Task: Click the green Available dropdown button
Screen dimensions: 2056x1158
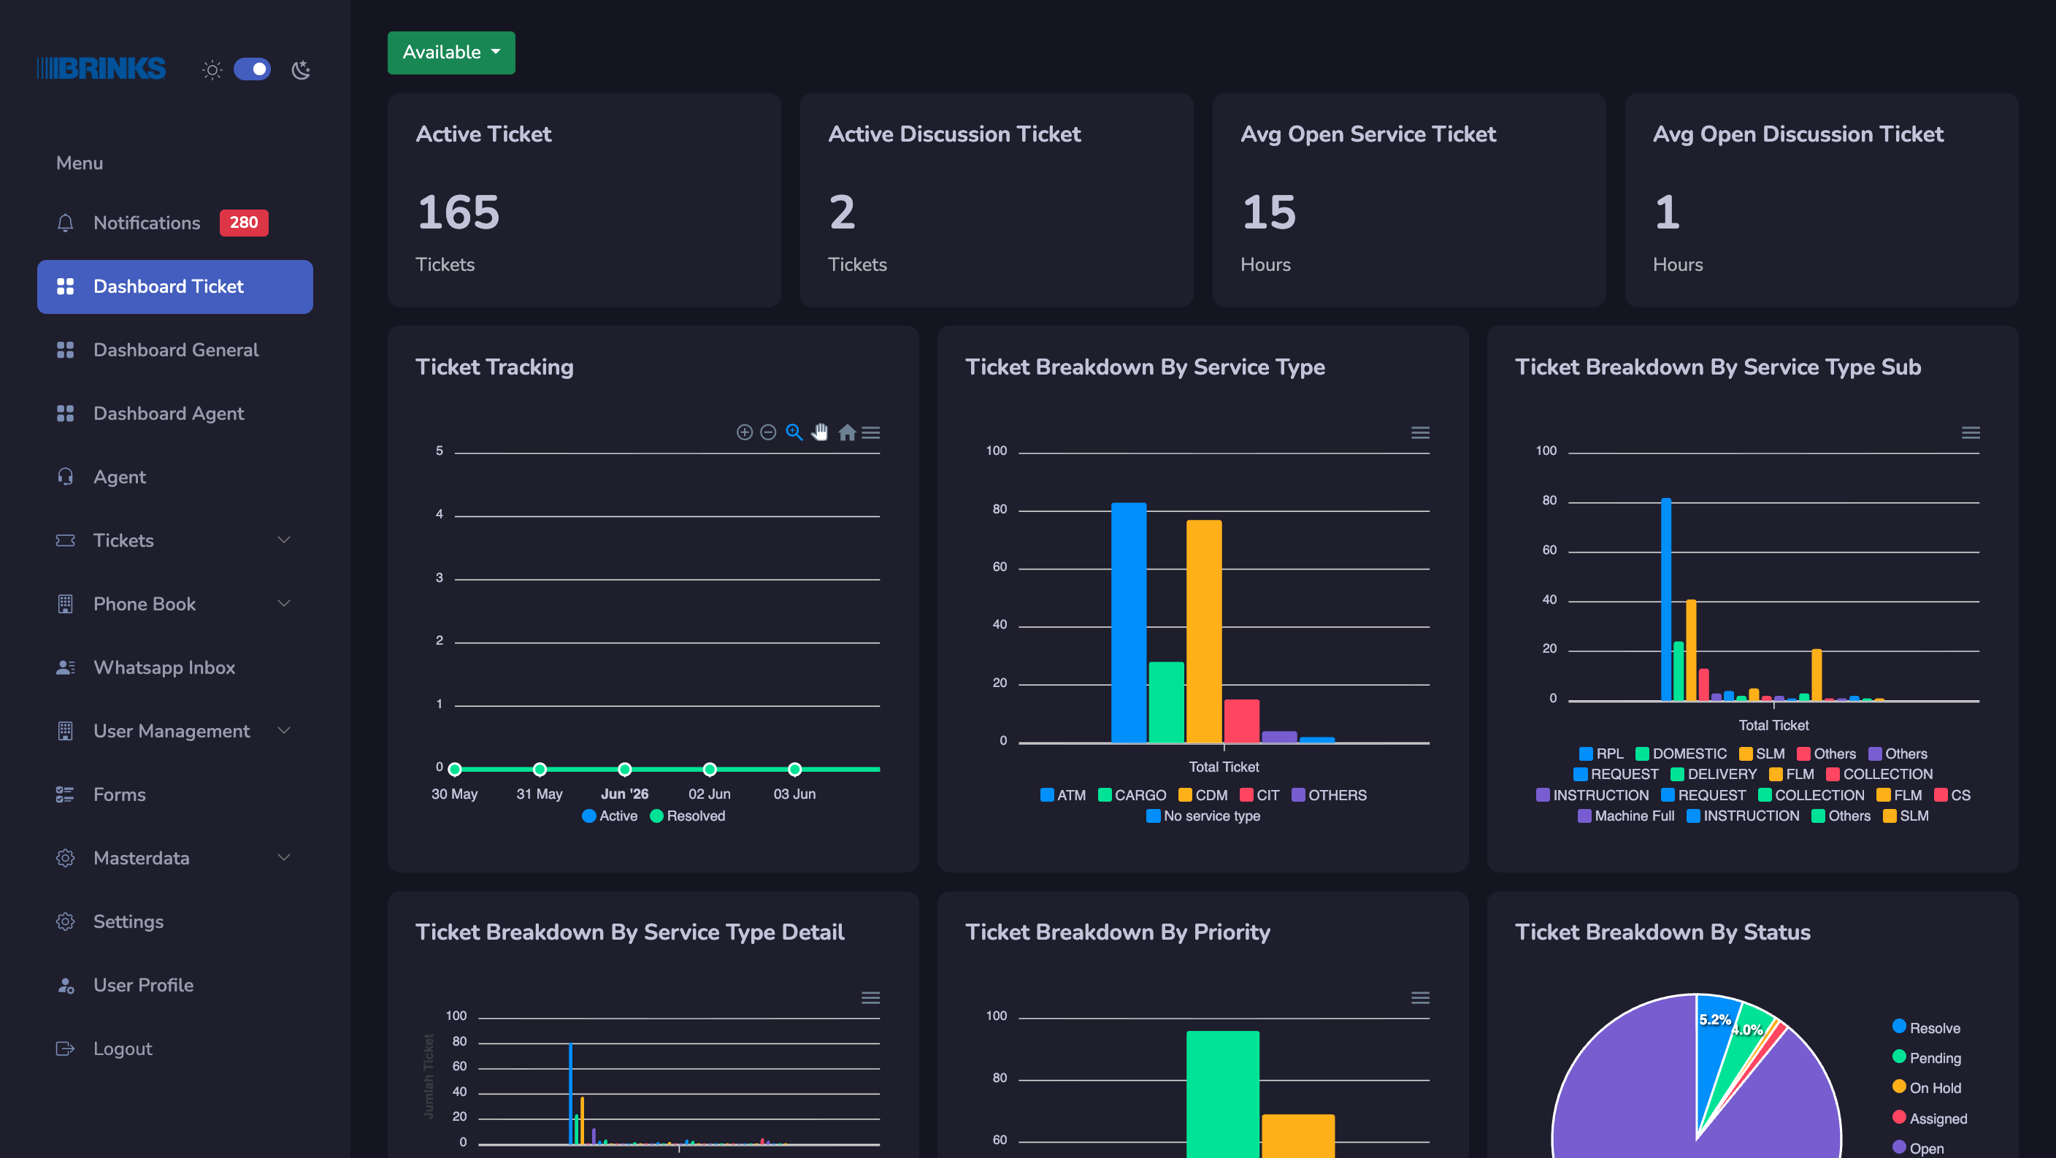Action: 451,53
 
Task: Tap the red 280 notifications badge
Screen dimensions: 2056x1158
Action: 243,223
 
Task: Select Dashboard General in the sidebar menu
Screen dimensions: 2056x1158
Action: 175,350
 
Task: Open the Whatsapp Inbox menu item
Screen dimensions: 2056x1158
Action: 164,667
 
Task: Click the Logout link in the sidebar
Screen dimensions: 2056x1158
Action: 122,1048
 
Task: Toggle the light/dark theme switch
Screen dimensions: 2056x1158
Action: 252,69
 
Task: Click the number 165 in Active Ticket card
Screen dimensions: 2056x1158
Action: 458,212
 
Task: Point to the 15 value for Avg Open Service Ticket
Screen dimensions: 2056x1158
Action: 1268,212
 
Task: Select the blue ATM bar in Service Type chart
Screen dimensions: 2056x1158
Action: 1129,623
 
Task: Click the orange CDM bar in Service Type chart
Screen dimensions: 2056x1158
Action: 1203,632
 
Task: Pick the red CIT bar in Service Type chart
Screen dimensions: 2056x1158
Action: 1241,721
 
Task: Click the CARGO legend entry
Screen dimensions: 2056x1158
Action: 1132,795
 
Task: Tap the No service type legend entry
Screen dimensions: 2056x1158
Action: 1202,816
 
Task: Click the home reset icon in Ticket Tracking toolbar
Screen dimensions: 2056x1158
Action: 847,432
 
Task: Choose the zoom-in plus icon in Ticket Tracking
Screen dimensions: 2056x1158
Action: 744,432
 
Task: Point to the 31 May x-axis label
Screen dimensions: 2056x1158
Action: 540,794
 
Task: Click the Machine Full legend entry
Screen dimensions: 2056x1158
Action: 1626,816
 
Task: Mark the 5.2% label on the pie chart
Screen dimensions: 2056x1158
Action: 1714,1020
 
